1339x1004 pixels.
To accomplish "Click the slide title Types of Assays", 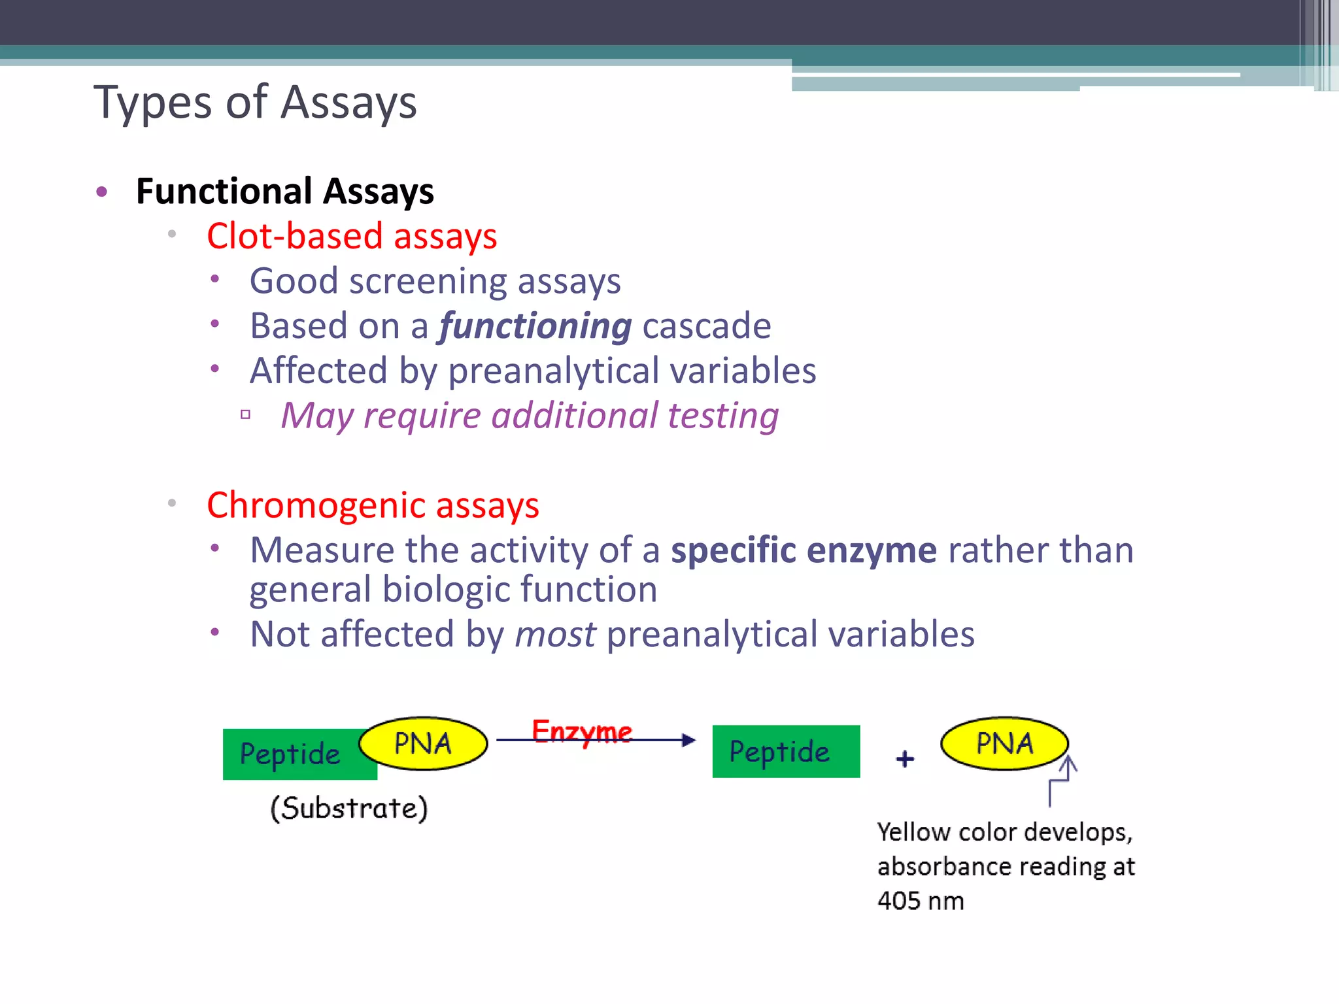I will click(x=255, y=103).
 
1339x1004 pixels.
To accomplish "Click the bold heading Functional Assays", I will click(x=284, y=192).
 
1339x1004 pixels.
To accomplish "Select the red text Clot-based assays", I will click(x=352, y=236).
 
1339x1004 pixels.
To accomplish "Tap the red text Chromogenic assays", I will click(x=373, y=505).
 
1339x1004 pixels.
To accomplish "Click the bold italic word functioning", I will click(x=535, y=326).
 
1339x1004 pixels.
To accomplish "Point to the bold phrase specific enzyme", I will click(x=804, y=550).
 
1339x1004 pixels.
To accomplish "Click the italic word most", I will click(x=555, y=635).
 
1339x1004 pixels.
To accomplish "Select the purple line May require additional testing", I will click(x=530, y=416).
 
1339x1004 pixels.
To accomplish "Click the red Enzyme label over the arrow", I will click(x=581, y=731).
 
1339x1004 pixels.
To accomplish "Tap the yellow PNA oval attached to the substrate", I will click(x=423, y=743).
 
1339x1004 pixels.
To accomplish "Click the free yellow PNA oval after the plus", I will click(x=1004, y=743).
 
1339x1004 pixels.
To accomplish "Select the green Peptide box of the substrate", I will click(x=290, y=754).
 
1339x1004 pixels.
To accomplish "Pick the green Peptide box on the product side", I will click(x=785, y=752).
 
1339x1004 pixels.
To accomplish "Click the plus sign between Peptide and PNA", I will click(x=905, y=759).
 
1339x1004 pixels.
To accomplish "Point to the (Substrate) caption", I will click(x=349, y=808).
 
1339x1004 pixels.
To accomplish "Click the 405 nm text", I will click(x=920, y=901).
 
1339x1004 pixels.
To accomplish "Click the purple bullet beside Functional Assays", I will click(x=101, y=192).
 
